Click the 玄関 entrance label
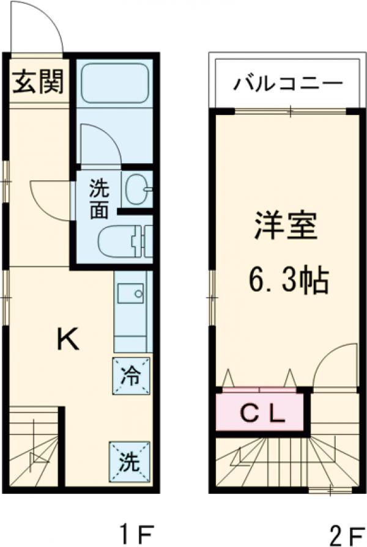pyautogui.click(x=39, y=83)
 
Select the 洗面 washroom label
pyautogui.click(x=98, y=199)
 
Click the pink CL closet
pyautogui.click(x=261, y=413)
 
